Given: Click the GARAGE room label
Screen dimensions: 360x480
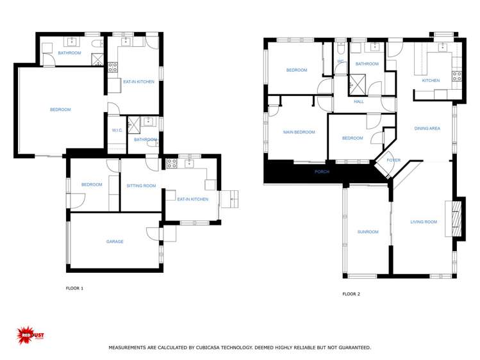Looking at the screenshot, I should (x=115, y=241).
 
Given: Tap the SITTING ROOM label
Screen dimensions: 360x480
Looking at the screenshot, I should (x=141, y=186).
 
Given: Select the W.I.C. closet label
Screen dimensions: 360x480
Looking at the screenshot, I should (x=117, y=131).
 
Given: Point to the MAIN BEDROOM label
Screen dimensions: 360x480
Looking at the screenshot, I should (x=299, y=133).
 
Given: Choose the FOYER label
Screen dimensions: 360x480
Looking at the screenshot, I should (x=393, y=160).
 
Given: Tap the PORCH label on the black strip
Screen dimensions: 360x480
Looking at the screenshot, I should (x=322, y=172).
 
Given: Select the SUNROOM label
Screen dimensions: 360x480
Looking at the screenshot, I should (x=368, y=232).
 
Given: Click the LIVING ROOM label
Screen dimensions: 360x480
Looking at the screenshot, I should (x=424, y=222).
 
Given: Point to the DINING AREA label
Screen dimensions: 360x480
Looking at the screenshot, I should (x=427, y=129).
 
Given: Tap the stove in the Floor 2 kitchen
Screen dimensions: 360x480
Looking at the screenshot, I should (x=457, y=76).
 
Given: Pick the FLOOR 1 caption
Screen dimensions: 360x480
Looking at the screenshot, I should (x=75, y=288).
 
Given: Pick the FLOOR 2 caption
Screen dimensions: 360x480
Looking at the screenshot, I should (x=351, y=294).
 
